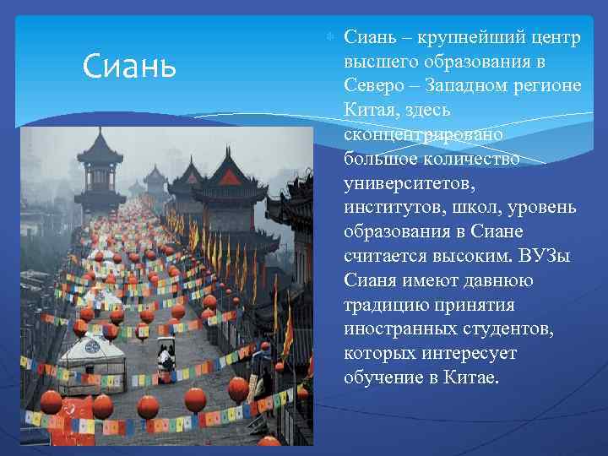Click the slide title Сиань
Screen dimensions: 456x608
[x=129, y=64]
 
